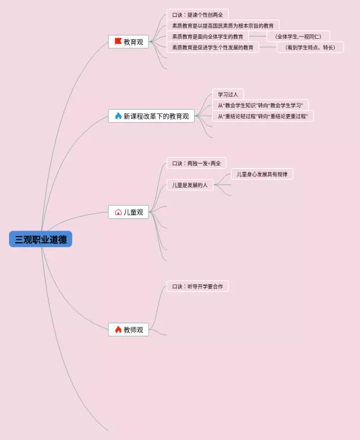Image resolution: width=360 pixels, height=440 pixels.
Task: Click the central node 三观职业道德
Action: pos(40,239)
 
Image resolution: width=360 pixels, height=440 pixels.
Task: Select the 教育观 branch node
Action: pos(129,42)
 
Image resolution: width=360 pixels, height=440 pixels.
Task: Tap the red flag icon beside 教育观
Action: pos(118,42)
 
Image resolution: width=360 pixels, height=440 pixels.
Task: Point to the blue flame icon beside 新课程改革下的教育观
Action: pos(118,116)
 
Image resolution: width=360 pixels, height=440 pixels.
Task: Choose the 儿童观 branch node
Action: pos(129,212)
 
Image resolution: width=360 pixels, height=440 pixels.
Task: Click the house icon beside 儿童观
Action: pos(118,212)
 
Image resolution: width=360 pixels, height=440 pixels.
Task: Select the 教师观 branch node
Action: pos(129,329)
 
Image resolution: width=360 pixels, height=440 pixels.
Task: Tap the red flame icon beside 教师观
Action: pos(118,329)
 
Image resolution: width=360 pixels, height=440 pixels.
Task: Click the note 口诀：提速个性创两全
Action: pos(197,15)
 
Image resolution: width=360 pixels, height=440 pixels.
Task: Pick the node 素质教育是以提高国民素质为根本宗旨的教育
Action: pos(223,25)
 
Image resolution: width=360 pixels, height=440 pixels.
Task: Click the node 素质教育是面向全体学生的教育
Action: pos(208,37)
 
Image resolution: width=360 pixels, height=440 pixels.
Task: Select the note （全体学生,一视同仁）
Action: pos(298,37)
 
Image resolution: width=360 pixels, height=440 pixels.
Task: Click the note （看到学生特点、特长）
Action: pos(310,47)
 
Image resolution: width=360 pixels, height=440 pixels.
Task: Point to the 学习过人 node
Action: pos(228,94)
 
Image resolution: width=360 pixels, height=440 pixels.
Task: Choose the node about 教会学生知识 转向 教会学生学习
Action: pos(260,105)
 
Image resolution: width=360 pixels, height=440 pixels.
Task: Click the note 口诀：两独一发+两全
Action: pos(196,163)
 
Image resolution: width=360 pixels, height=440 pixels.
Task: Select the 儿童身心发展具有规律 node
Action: pos(262,174)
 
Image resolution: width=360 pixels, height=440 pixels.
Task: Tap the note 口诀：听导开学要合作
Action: pos(197,286)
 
